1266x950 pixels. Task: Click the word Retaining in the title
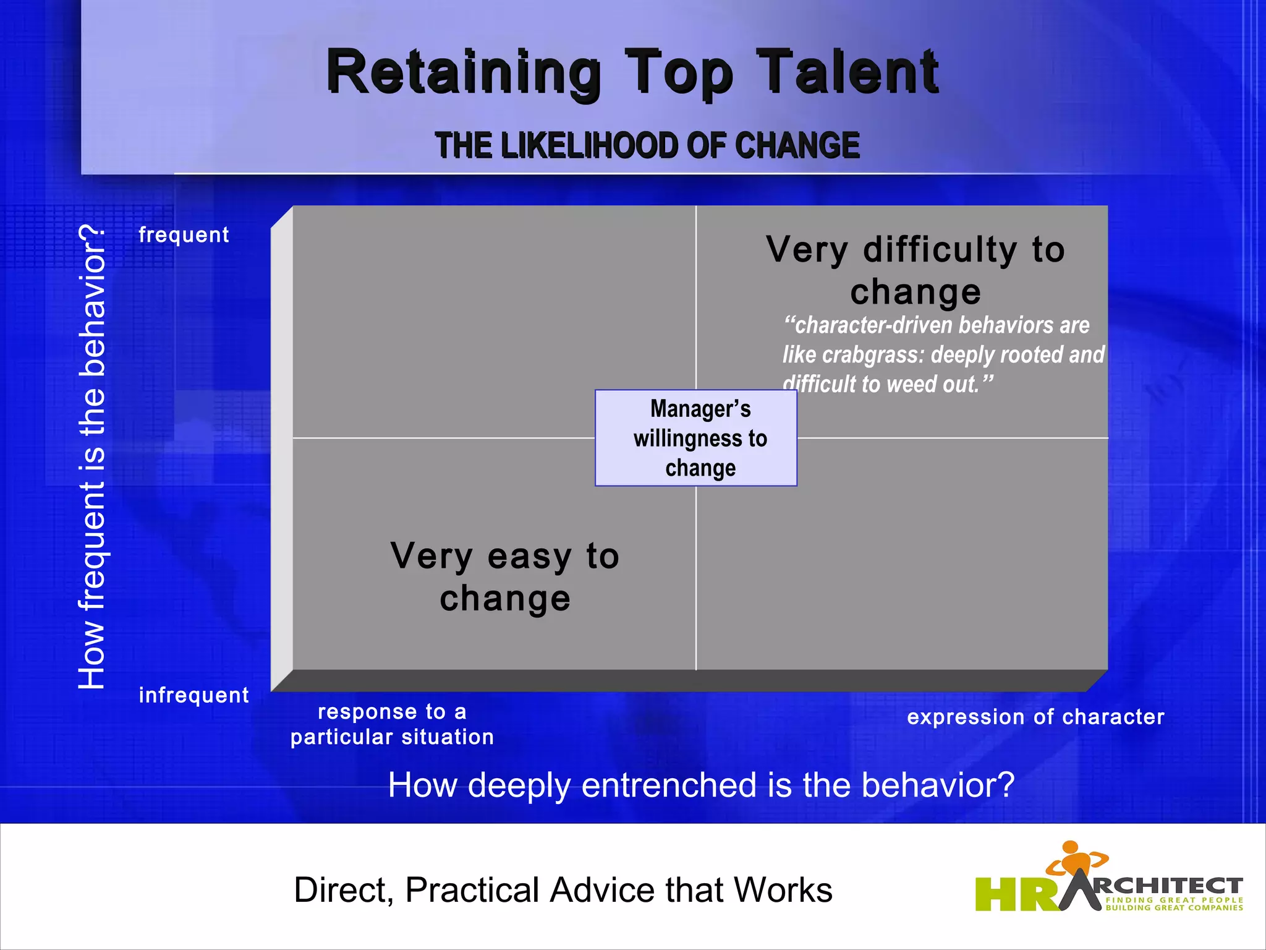(x=464, y=73)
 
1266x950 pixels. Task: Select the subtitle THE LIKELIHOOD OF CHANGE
(x=647, y=145)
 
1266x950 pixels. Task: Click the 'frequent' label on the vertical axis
(x=184, y=235)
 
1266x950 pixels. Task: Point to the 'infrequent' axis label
(x=193, y=695)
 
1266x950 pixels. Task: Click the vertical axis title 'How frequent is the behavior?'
(x=93, y=458)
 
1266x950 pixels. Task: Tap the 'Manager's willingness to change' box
(x=696, y=438)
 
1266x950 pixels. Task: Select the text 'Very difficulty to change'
(x=916, y=270)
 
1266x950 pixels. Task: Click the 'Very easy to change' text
(x=504, y=576)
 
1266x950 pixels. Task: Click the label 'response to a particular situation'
(x=392, y=724)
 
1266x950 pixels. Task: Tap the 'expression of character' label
(x=1035, y=717)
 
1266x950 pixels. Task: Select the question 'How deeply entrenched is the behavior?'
(x=701, y=785)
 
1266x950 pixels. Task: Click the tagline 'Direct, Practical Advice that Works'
(x=563, y=890)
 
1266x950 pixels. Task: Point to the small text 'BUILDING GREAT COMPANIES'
(x=1174, y=908)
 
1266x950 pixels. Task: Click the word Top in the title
(x=679, y=73)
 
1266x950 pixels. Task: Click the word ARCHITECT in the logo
(x=1162, y=886)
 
